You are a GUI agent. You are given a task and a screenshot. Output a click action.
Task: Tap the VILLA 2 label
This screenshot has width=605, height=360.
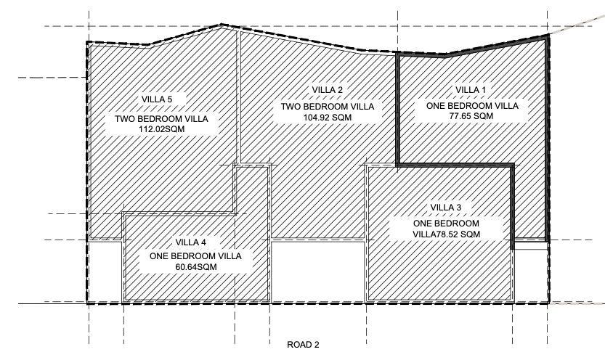tap(328, 89)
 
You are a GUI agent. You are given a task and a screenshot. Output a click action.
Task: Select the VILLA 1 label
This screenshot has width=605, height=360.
tap(472, 89)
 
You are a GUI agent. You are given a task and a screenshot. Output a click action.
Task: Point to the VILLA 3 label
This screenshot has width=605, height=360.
tap(446, 208)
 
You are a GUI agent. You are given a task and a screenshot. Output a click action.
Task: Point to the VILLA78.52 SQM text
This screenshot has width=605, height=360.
tap(446, 234)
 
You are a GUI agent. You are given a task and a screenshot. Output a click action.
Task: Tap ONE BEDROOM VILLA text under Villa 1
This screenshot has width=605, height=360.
tap(473, 105)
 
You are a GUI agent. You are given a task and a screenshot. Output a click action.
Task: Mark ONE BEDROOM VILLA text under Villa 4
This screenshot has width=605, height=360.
tap(196, 256)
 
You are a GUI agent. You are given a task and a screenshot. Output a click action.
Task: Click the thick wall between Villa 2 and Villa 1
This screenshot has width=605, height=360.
tap(397, 109)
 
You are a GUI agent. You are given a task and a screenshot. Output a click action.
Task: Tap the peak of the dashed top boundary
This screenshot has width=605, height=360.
tap(222, 25)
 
